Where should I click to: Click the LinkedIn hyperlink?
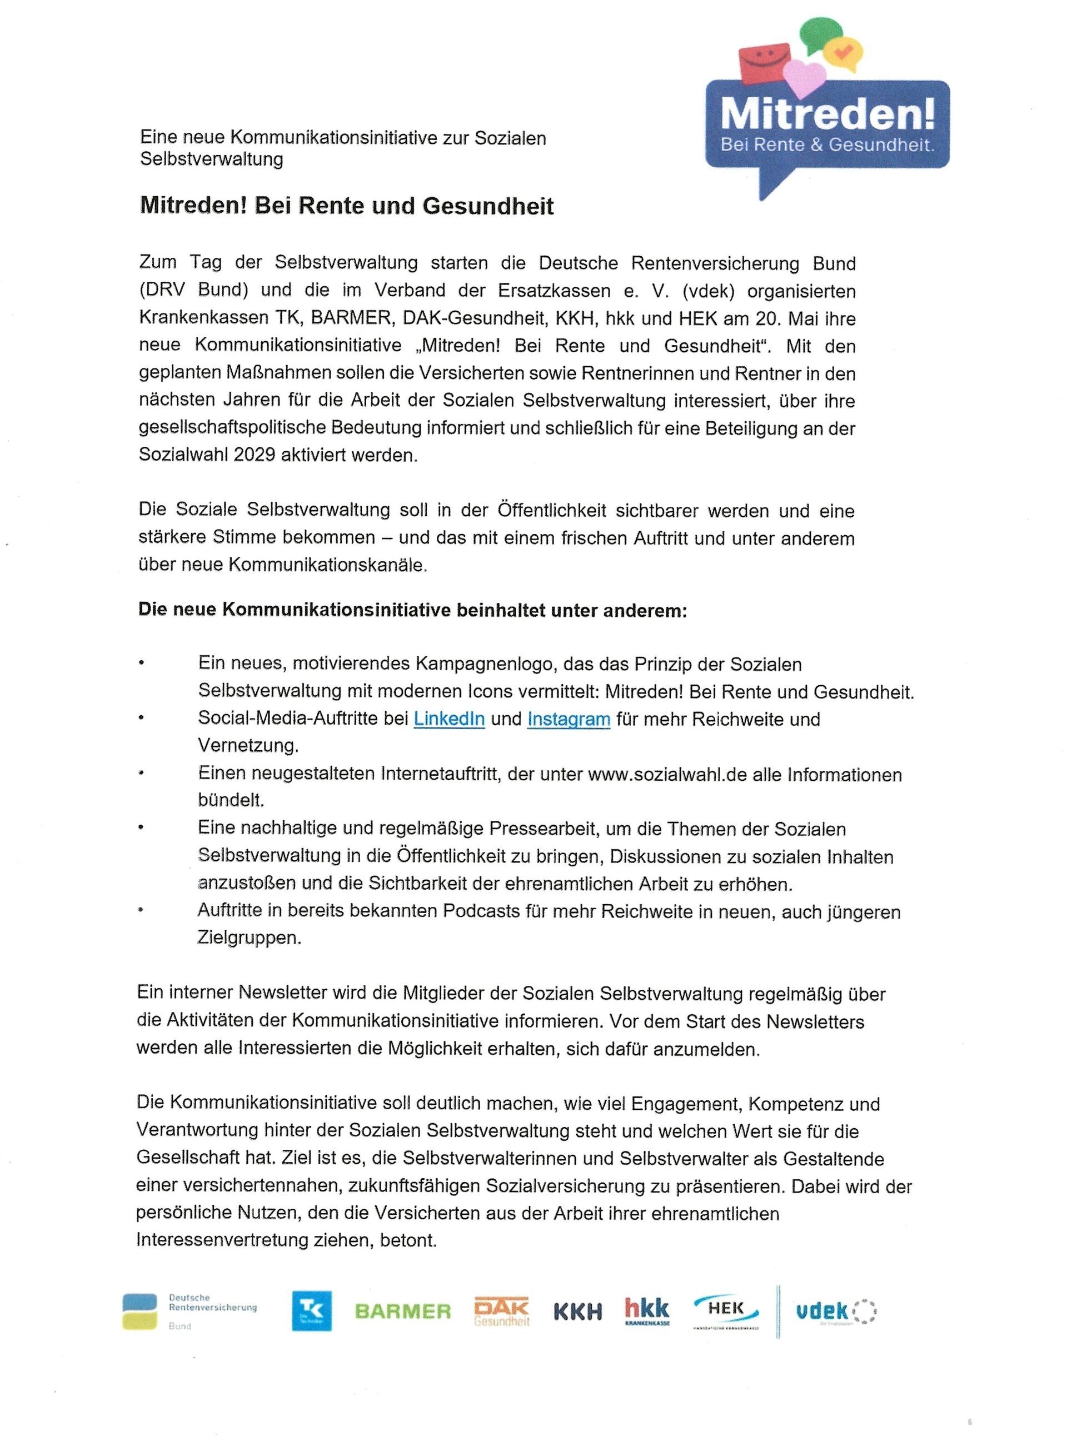click(x=449, y=719)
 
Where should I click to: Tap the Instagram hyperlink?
click(x=569, y=719)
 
